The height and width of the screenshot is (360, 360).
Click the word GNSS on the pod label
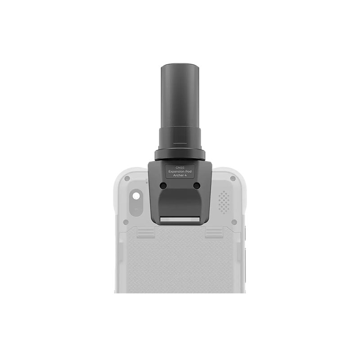[180, 167]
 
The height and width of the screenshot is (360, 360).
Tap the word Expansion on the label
[176, 171]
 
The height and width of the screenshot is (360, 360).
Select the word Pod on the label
[189, 171]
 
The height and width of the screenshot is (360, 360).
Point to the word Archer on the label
[178, 175]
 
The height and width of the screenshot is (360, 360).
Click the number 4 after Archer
[185, 175]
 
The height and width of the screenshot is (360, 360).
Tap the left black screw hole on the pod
[163, 185]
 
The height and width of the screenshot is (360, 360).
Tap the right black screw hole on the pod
[197, 185]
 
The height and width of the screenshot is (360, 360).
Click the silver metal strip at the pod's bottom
[180, 220]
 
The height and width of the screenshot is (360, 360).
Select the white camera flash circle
[136, 196]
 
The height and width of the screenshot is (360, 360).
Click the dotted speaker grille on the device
[224, 202]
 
